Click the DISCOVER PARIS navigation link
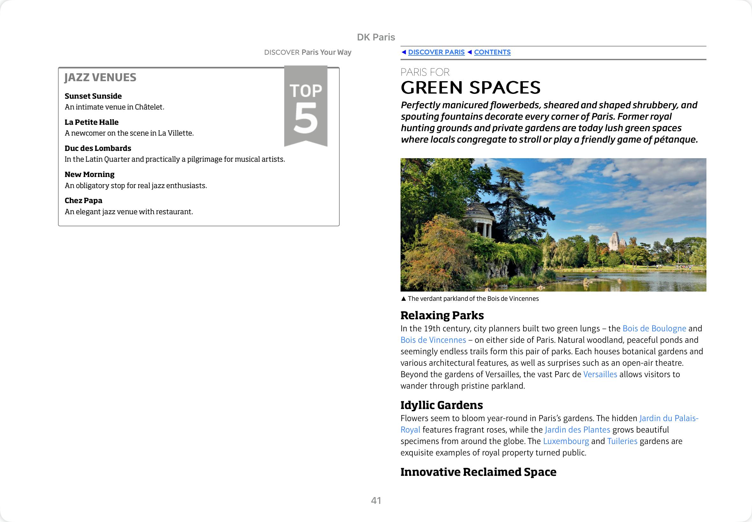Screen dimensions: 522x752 [x=436, y=52]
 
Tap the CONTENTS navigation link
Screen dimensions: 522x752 [x=492, y=52]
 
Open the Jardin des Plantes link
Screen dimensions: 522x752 [x=577, y=430]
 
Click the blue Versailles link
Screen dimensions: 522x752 [x=600, y=374]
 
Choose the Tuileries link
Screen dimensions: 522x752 [x=622, y=441]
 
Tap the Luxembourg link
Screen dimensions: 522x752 [x=566, y=441]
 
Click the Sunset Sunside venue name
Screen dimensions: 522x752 [x=93, y=96]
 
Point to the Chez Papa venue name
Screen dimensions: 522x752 [x=83, y=201]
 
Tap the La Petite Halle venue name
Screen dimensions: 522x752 [x=92, y=122]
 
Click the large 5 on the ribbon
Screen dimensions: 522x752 [x=306, y=118]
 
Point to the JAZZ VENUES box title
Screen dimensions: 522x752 [x=100, y=78]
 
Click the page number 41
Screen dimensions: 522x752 [x=376, y=500]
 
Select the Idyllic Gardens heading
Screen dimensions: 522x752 [x=441, y=405]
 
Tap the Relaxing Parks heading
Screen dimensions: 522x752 [x=442, y=315]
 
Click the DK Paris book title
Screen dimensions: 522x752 [x=376, y=37]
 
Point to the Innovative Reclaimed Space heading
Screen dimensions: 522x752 [x=478, y=472]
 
